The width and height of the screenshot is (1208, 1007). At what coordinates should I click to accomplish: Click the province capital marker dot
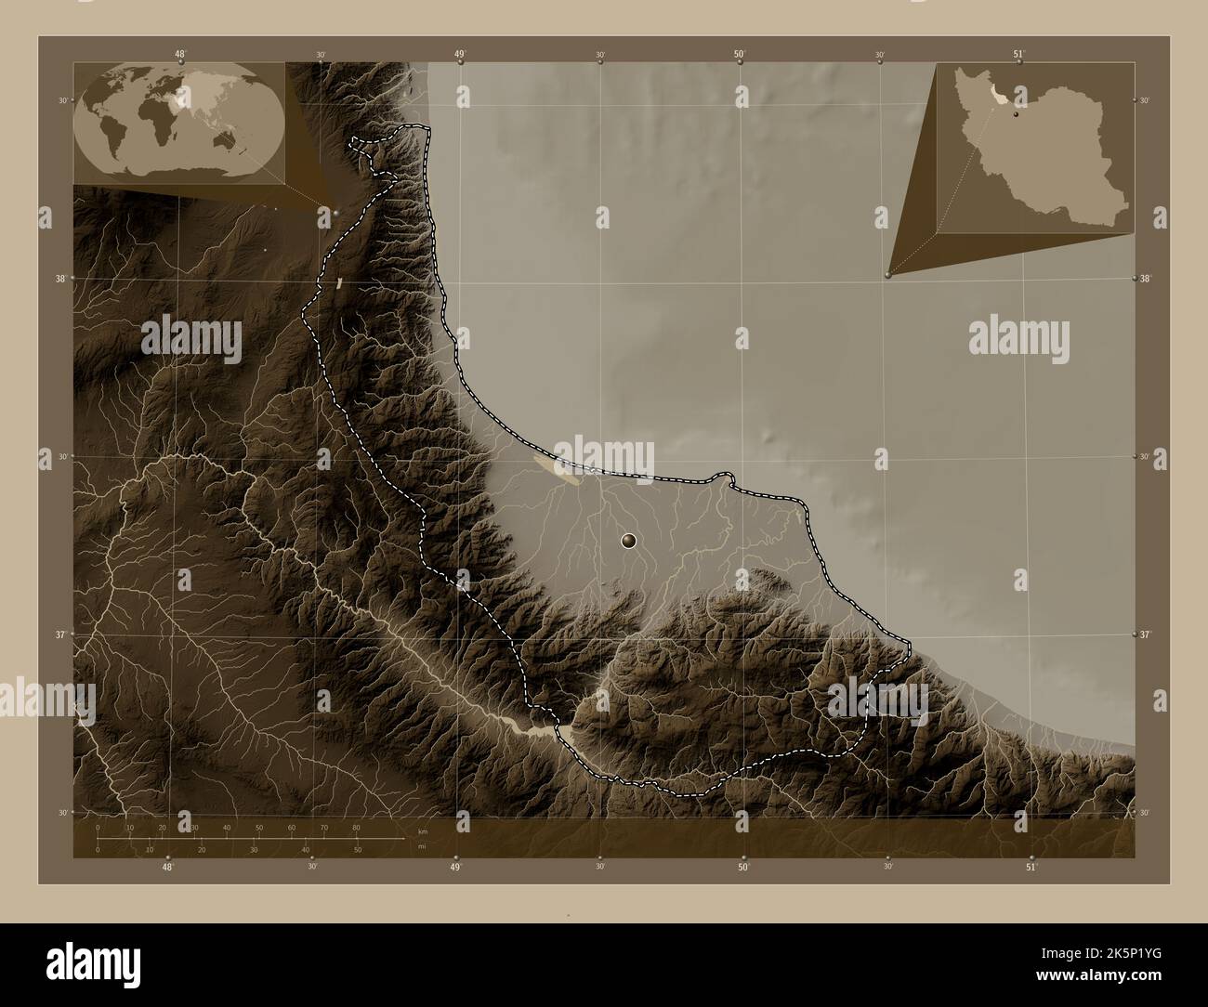pyautogui.click(x=629, y=541)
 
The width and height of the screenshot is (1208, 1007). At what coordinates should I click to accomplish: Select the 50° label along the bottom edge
pyautogui.click(x=743, y=867)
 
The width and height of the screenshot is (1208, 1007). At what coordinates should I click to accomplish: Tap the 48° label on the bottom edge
pyautogui.click(x=167, y=867)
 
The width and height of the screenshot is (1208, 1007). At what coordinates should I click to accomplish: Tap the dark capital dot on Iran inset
pyautogui.click(x=1017, y=116)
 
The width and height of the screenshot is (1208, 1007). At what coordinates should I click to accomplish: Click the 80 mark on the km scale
pyautogui.click(x=356, y=827)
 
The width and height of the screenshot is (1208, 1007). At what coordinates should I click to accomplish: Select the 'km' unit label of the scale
pyautogui.click(x=423, y=830)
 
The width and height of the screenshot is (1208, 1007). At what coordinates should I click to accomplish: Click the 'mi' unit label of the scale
pyautogui.click(x=422, y=847)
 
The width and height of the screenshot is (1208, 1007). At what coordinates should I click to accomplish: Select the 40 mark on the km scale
pyautogui.click(x=227, y=827)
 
